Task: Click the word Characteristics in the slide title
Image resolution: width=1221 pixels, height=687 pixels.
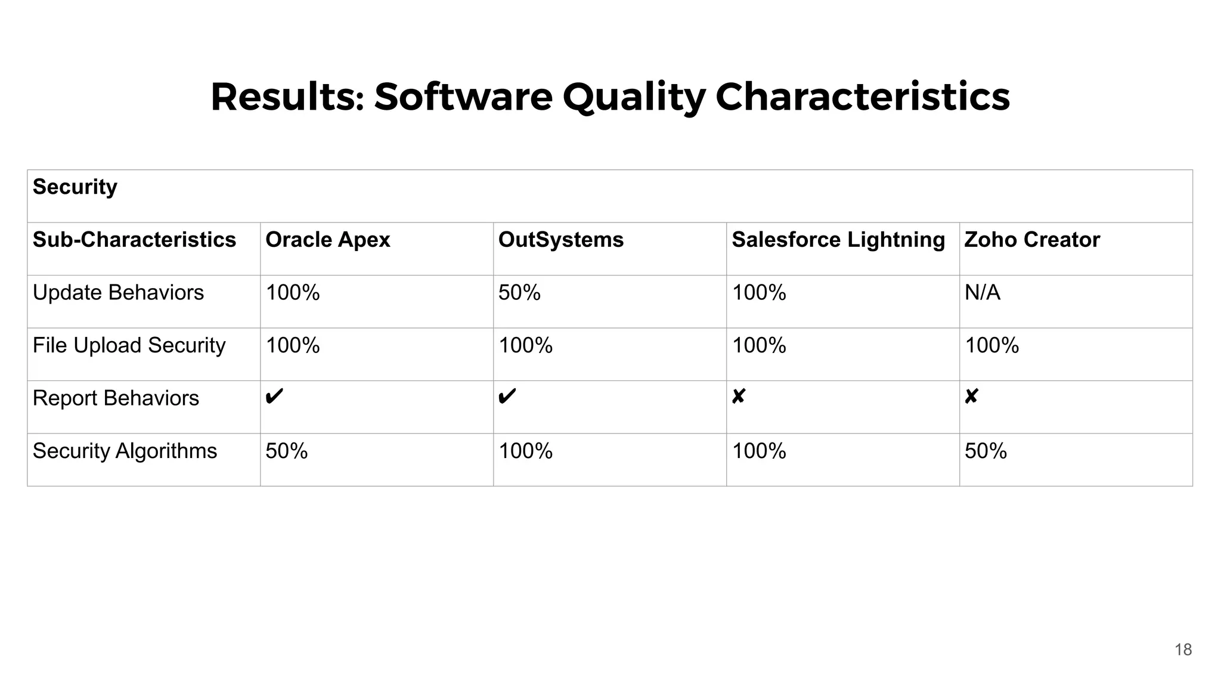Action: (x=862, y=97)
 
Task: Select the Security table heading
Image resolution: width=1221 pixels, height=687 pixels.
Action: (x=75, y=187)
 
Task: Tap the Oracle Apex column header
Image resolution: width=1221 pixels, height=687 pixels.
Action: (x=327, y=240)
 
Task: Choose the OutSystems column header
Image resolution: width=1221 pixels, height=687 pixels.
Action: (x=560, y=240)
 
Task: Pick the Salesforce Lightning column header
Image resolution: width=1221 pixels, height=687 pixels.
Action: (x=838, y=240)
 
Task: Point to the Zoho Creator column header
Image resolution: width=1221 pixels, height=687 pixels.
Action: (x=1031, y=240)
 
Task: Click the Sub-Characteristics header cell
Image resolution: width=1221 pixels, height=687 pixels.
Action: (x=134, y=240)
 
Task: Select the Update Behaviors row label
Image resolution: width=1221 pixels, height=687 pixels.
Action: (x=118, y=293)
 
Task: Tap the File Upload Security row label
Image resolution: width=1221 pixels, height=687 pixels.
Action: (x=129, y=345)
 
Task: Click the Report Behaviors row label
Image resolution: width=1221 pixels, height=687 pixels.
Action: (x=116, y=398)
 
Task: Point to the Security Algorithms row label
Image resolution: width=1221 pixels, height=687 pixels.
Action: (x=125, y=451)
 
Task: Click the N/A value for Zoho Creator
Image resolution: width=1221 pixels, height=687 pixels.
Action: (x=982, y=293)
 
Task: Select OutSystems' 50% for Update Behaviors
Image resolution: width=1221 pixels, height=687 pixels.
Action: (x=519, y=293)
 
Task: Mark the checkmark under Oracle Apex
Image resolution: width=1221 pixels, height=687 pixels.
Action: (x=274, y=397)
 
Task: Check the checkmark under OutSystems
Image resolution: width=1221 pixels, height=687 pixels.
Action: (x=507, y=397)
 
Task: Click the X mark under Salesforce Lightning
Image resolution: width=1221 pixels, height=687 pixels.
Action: (x=738, y=397)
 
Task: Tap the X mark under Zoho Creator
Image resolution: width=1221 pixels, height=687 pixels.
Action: (x=971, y=397)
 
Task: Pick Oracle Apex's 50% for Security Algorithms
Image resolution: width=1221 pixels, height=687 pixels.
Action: (x=286, y=451)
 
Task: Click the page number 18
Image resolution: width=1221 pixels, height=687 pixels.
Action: (x=1183, y=649)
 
